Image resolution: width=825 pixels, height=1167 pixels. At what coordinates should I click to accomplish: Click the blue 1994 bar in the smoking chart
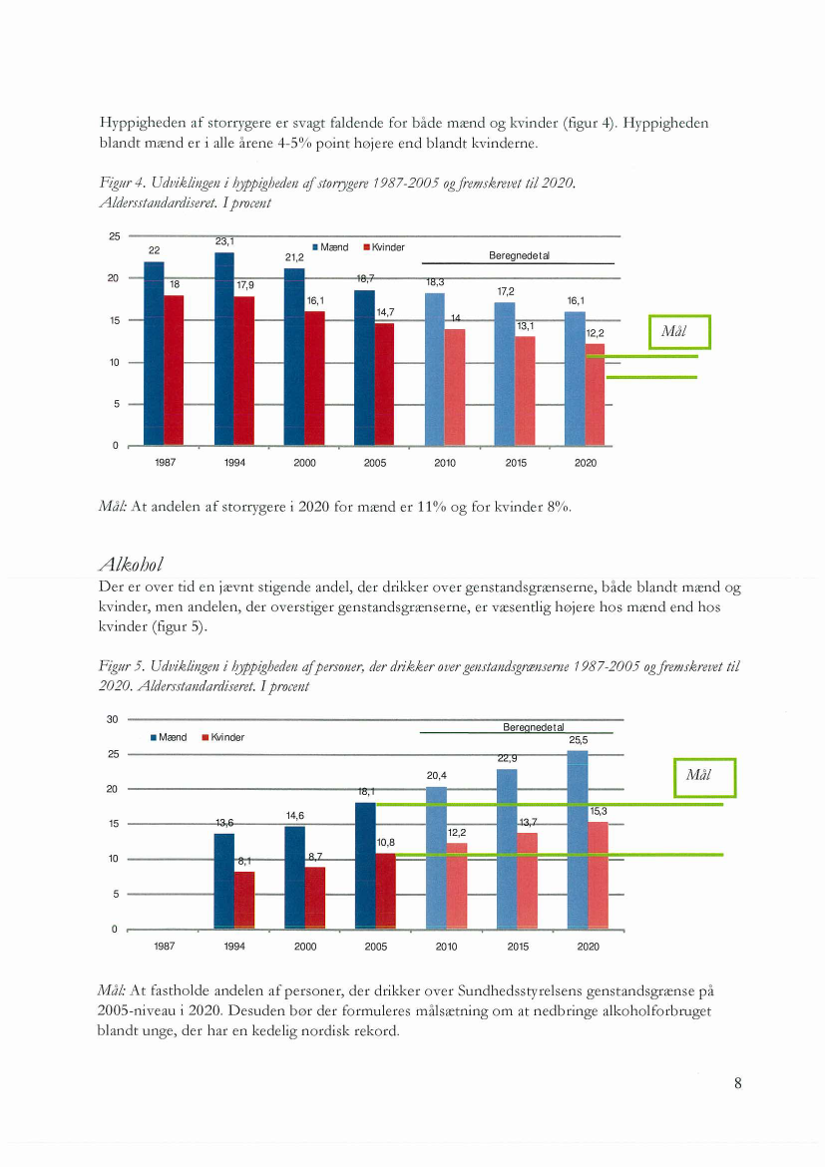[224, 349]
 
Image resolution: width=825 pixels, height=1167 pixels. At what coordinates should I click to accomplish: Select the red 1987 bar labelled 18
[174, 369]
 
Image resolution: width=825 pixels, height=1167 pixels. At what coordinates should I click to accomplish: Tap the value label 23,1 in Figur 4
[224, 241]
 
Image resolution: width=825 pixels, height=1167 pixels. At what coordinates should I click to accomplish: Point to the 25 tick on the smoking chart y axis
[115, 236]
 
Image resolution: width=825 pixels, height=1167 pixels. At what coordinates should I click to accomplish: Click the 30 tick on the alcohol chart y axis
[114, 719]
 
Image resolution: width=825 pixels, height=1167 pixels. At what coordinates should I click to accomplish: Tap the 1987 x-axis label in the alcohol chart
[164, 947]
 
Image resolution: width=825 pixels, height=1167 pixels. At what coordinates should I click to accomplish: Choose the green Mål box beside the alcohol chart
[705, 777]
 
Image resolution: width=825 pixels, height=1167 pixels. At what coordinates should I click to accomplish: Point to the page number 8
[737, 1083]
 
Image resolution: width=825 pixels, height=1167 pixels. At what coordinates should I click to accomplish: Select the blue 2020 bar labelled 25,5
[578, 838]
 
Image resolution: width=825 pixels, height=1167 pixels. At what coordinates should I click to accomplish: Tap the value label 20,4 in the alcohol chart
[436, 775]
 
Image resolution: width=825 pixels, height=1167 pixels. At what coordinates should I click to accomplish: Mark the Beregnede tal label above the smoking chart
[520, 255]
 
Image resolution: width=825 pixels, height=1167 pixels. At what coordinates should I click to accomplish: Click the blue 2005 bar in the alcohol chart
[365, 865]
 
